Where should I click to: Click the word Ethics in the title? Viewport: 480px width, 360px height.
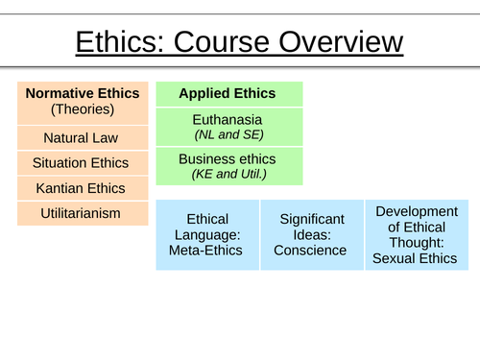pyautogui.click(x=113, y=43)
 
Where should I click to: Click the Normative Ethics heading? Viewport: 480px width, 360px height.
pyautogui.click(x=82, y=93)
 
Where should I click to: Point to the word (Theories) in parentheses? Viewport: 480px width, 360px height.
pyautogui.click(x=82, y=109)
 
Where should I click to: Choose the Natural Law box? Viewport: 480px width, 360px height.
pyautogui.click(x=82, y=137)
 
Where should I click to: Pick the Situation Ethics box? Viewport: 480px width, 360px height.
pyautogui.click(x=82, y=162)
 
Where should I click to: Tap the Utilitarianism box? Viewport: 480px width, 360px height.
pyautogui.click(x=82, y=212)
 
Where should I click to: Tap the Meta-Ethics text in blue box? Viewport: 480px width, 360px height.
pyautogui.click(x=208, y=251)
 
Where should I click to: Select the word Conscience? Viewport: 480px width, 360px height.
pyautogui.click(x=312, y=251)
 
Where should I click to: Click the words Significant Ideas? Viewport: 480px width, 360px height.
pyautogui.click(x=312, y=227)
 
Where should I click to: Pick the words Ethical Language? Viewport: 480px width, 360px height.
pyautogui.click(x=208, y=227)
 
